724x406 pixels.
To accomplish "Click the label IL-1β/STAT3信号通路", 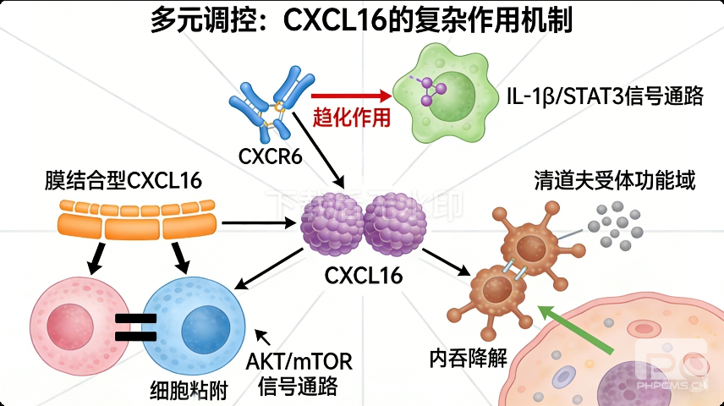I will point(604,96).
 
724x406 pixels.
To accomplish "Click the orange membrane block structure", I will point(139,218).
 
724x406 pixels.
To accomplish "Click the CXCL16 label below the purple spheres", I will point(364,276).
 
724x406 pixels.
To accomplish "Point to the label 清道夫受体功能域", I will point(614,180).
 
